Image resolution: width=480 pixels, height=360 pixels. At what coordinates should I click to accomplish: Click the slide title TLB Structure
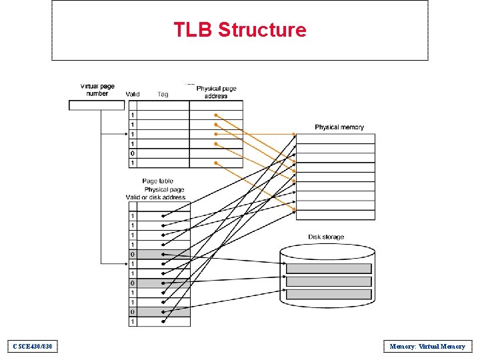click(x=240, y=30)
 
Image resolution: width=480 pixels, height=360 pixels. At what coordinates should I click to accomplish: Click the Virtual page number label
click(x=97, y=89)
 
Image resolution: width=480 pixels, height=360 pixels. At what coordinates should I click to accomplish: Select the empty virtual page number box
click(x=97, y=105)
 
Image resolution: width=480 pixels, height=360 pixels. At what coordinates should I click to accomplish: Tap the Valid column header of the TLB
click(x=132, y=94)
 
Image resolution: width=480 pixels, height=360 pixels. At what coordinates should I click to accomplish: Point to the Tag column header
click(x=163, y=94)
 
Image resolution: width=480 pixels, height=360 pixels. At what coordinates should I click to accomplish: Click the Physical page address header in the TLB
click(x=216, y=92)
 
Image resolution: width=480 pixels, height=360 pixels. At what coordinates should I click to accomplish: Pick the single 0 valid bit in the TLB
click(x=132, y=153)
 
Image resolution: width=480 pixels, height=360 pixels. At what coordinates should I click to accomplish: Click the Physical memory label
click(x=339, y=127)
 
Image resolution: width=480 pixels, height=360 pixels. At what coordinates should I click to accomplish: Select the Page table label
click(x=157, y=181)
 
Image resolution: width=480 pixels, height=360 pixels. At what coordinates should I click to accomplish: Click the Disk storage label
click(x=326, y=237)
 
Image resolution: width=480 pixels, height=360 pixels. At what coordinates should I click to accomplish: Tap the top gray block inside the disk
click(x=329, y=268)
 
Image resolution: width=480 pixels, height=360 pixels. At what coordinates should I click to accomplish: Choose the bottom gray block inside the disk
click(x=329, y=293)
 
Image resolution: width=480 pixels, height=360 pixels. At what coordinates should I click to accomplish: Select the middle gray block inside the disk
click(x=329, y=281)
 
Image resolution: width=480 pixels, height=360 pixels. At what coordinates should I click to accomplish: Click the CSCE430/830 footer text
click(x=32, y=346)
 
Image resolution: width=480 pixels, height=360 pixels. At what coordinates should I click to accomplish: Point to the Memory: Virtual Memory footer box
click(x=427, y=346)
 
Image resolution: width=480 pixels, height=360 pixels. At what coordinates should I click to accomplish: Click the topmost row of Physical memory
click(x=335, y=139)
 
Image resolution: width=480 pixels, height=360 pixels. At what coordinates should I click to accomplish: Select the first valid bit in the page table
click(x=132, y=216)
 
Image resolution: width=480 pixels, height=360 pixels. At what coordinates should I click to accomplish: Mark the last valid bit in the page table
click(x=132, y=321)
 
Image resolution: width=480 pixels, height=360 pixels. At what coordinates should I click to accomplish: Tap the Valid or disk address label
click(x=155, y=197)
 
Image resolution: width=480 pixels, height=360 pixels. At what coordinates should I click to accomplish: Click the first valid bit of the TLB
click(x=132, y=115)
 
